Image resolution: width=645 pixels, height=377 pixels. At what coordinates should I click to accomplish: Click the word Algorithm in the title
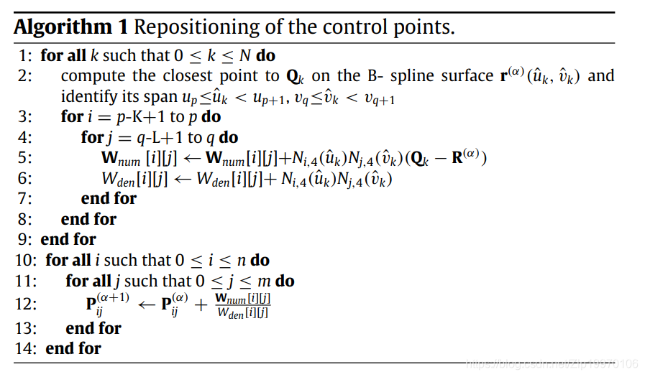pos(63,28)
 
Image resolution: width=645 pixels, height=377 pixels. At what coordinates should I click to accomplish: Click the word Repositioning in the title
pos(196,28)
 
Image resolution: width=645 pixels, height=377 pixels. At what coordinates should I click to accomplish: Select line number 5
pos(24,158)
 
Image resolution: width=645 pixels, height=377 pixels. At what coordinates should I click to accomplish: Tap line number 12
pos(25,304)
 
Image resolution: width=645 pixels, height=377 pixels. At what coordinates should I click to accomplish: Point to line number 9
pos(24,239)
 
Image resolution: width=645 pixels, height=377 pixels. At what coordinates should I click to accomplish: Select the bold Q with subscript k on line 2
pos(295,77)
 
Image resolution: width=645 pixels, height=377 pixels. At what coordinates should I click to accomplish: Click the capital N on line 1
pos(244,55)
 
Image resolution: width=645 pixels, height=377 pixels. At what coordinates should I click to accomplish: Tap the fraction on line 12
pos(243,305)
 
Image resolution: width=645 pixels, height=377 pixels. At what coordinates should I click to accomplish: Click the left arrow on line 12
pos(147,305)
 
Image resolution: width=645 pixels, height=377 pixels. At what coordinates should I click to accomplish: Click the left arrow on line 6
pos(183,179)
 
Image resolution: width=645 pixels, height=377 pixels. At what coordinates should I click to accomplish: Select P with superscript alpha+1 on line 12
pos(107,304)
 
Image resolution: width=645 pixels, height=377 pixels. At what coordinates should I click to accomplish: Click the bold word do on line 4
pos(228,138)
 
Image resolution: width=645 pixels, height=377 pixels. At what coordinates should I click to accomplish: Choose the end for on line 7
pos(109,198)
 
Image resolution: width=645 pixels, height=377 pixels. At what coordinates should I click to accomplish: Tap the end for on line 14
pos(73,348)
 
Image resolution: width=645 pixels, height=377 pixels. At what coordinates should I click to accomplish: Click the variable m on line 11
pos(264,281)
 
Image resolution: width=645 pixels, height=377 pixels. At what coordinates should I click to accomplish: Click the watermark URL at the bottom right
pos(552,364)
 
